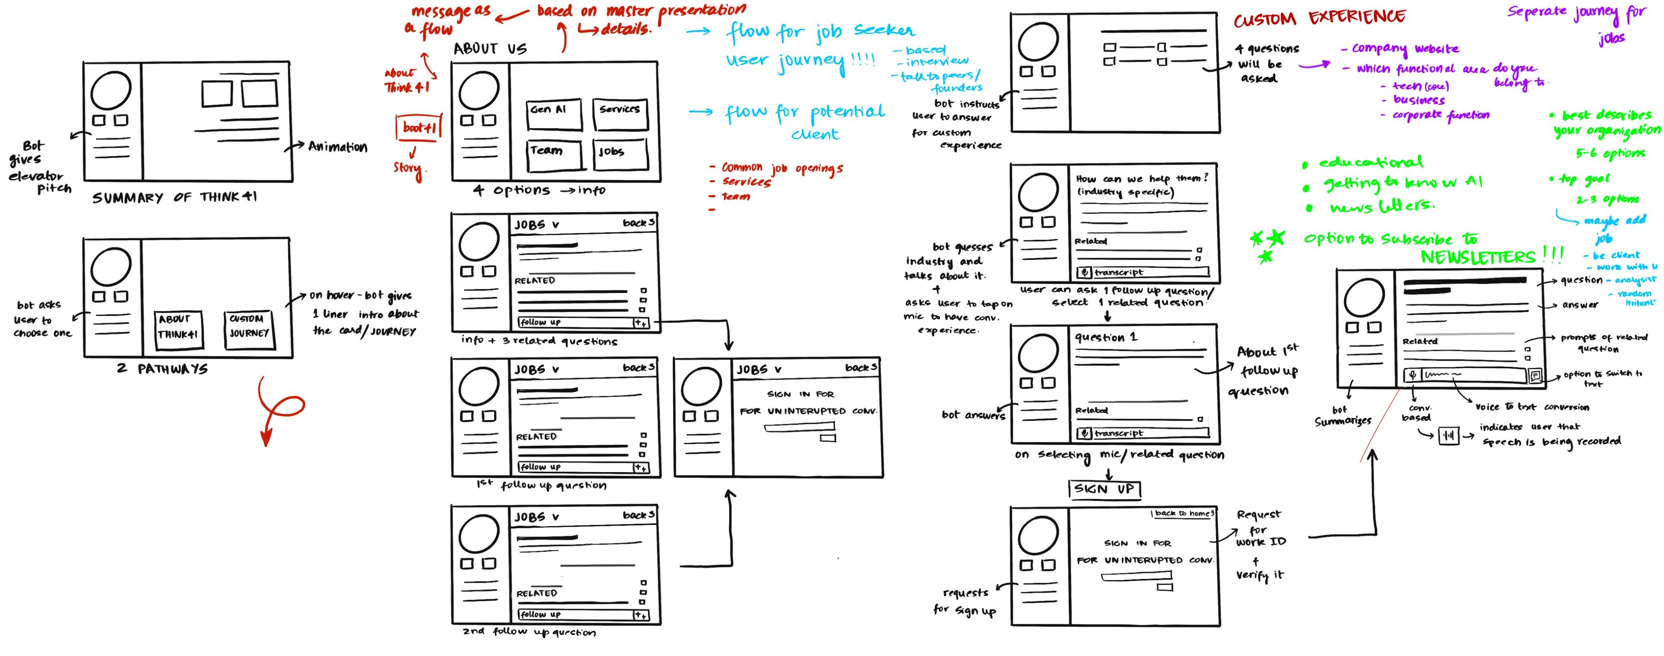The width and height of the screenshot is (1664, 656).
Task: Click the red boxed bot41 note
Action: point(418,127)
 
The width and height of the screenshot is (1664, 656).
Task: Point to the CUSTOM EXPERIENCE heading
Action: point(1319,18)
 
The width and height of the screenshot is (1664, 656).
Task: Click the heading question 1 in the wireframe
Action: point(1105,337)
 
